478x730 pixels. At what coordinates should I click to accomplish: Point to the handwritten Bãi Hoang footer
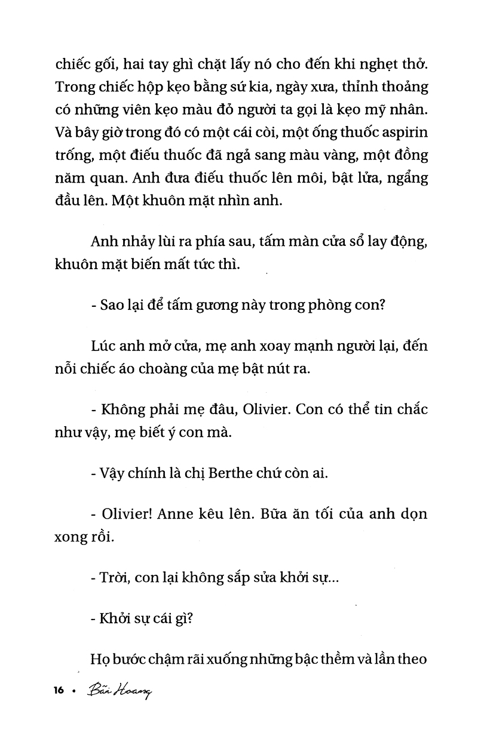click(119, 691)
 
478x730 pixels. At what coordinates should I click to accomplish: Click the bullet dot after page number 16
click(73, 691)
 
